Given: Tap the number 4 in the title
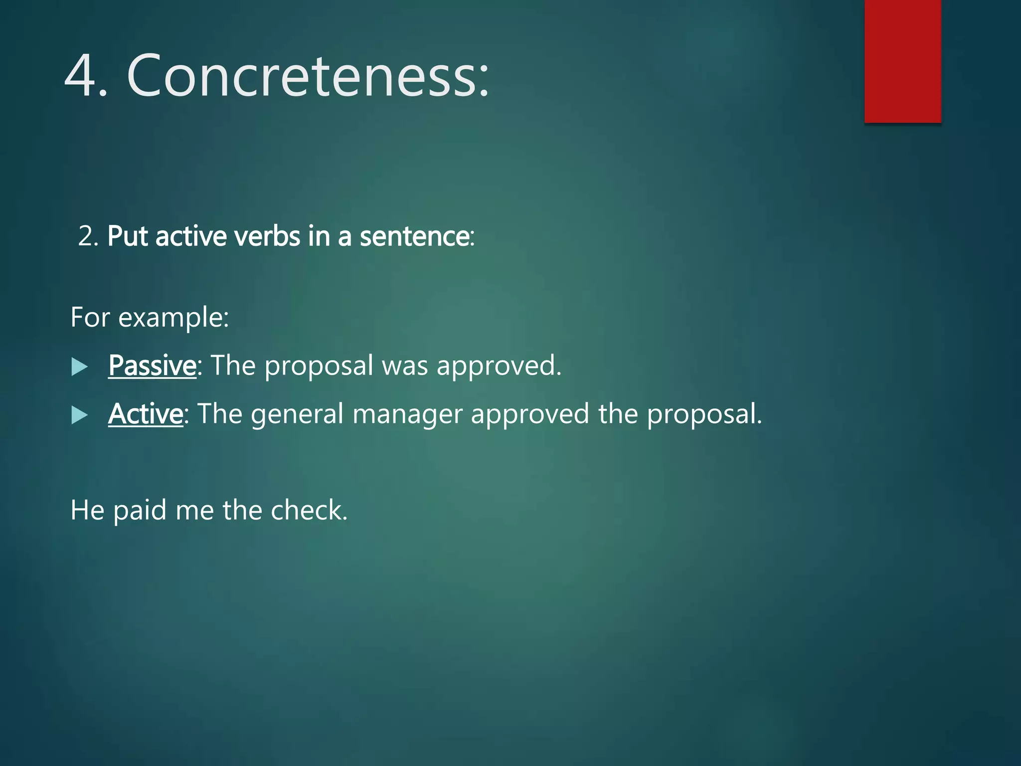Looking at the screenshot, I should (81, 76).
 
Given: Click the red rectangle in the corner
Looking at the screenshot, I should (902, 61).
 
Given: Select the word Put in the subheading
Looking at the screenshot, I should (128, 236).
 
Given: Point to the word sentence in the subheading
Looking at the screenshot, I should (415, 236).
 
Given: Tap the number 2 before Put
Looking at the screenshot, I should (86, 236).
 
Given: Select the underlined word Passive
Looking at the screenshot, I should (152, 366).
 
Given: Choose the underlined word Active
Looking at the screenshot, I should (146, 414).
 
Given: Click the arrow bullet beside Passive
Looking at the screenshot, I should (79, 367).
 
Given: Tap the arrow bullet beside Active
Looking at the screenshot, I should (79, 415).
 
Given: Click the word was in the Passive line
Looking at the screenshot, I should (404, 366).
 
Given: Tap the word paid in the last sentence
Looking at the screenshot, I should (140, 511).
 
